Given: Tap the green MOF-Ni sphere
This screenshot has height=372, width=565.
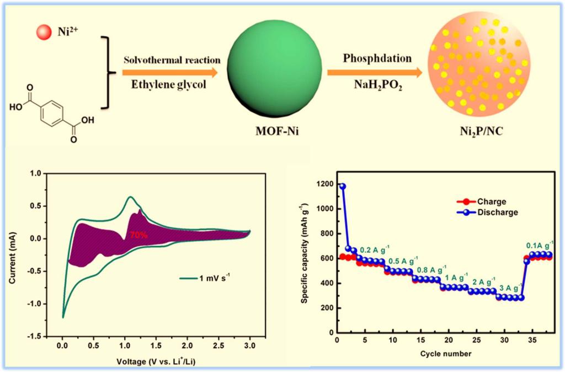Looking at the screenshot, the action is click(275, 70).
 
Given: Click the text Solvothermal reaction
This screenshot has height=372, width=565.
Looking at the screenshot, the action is click(172, 60).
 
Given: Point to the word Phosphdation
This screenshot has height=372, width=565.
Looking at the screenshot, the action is click(377, 58).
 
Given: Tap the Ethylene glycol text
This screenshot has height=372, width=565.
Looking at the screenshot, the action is click(169, 84).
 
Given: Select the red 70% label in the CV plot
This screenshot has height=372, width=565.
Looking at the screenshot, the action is click(138, 235).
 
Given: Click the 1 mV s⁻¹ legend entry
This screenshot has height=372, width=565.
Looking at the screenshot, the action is click(205, 278).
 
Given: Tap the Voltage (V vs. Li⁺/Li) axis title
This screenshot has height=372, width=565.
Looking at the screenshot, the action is click(156, 361).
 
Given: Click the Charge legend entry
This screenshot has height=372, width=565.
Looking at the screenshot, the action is click(481, 201).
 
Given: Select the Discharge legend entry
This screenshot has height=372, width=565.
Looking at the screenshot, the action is click(487, 212).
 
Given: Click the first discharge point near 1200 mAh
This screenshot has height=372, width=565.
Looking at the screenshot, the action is click(342, 187).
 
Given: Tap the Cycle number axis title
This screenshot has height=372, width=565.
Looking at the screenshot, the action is click(446, 354).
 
